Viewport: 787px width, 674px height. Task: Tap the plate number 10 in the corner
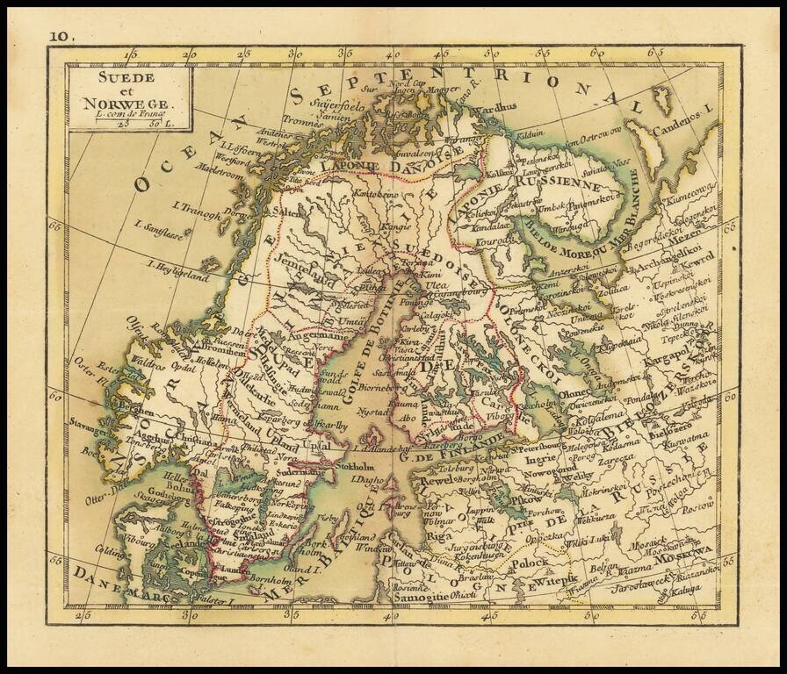point(61,37)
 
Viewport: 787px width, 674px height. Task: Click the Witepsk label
point(555,580)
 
